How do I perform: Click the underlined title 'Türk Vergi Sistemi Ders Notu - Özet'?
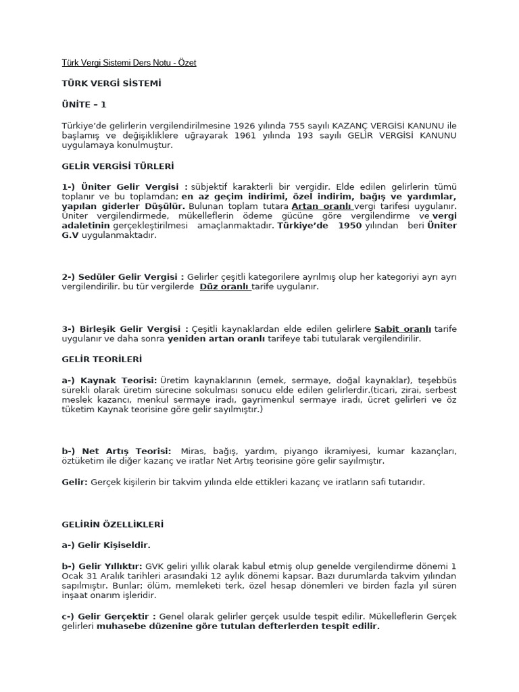128,63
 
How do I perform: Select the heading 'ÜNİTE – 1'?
84,105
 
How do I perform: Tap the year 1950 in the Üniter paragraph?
350,225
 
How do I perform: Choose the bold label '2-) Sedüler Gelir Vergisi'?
123,276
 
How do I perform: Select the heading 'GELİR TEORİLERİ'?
102,359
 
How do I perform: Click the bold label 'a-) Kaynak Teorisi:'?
109,380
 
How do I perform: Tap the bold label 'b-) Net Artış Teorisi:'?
116,451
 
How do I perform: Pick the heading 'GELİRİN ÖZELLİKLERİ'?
112,524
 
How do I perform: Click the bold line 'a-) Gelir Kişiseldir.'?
106,545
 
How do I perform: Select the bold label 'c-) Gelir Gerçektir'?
109,616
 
